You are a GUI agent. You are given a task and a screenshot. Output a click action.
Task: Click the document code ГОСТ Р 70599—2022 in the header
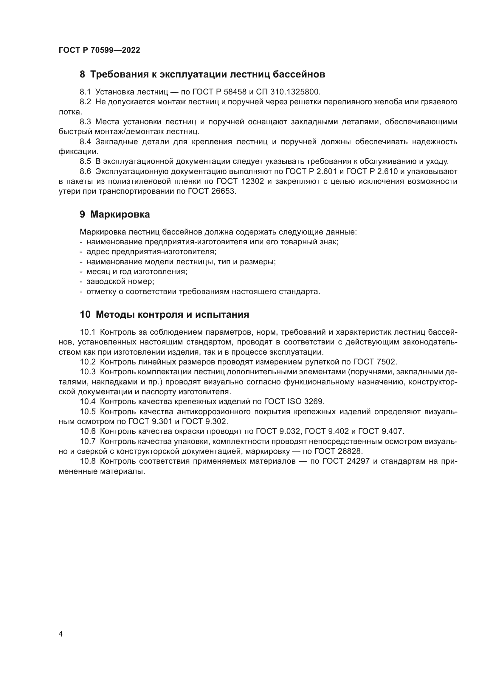tap(99, 50)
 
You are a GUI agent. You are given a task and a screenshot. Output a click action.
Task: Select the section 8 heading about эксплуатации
tap(202, 74)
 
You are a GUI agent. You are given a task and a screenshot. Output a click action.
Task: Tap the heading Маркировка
tap(120, 214)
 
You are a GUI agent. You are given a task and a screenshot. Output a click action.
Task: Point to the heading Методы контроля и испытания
tap(172, 314)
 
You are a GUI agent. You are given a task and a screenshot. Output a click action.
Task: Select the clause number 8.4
tap(85, 142)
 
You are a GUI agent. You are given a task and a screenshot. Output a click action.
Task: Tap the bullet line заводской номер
tap(120, 281)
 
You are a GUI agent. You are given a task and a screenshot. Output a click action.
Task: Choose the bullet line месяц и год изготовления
tap(137, 271)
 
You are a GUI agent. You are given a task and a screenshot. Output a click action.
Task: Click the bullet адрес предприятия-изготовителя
tap(151, 252)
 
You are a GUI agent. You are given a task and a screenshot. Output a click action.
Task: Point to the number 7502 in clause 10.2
tap(387, 362)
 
